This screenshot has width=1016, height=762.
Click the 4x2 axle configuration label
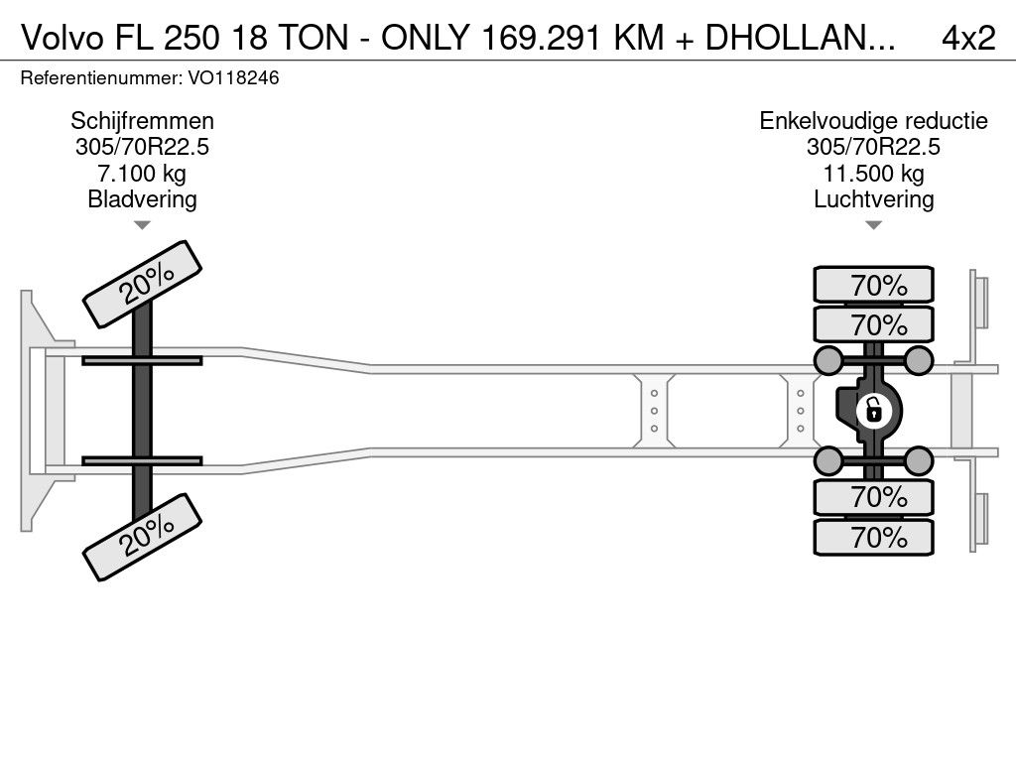968,38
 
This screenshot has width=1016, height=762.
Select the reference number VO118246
233,77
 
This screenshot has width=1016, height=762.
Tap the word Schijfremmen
142,120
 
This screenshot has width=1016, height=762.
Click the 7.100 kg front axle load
142,174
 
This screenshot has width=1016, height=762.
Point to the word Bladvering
142,198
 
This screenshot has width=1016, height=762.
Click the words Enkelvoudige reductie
873,120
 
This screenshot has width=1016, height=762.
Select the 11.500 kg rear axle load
873,174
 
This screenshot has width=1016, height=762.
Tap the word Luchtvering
873,198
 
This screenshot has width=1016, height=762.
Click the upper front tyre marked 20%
143,285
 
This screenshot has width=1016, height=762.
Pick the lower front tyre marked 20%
143,537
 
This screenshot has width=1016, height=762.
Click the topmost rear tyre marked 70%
873,284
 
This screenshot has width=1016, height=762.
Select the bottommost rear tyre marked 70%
873,537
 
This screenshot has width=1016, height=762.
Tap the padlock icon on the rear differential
873,411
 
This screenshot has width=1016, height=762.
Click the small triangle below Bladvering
142,225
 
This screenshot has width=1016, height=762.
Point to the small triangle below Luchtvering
873,225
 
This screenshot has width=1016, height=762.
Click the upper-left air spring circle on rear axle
828,360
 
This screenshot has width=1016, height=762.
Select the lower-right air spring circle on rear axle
918,460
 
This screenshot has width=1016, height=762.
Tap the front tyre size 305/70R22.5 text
142,147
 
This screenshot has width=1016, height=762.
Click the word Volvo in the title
63,38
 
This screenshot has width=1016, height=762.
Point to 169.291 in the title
541,38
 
